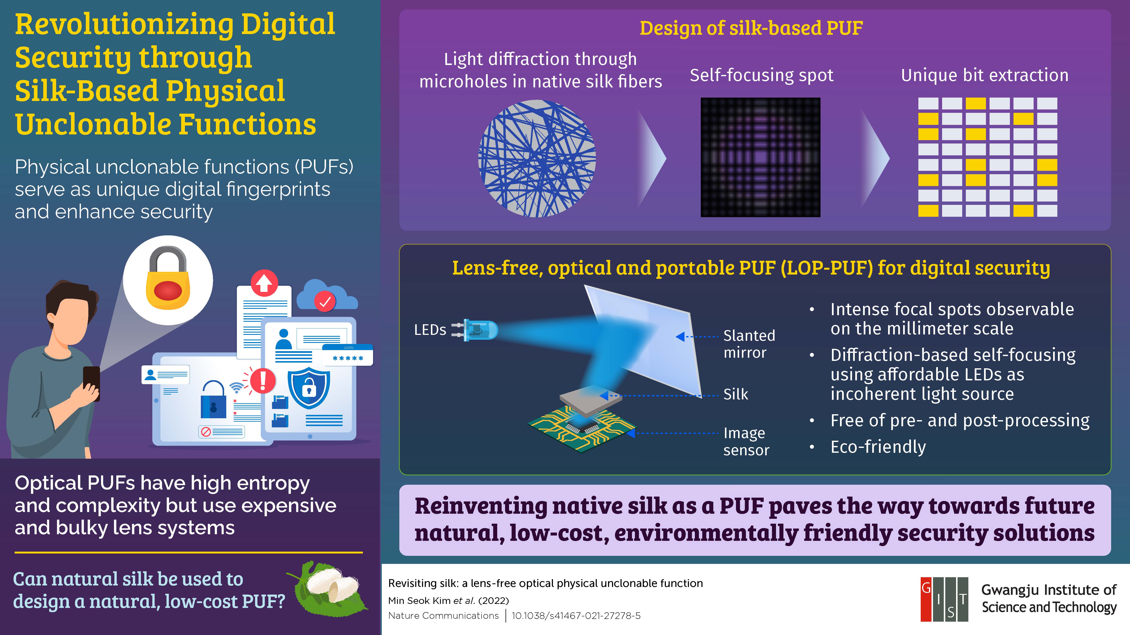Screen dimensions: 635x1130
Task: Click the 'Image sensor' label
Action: click(x=746, y=441)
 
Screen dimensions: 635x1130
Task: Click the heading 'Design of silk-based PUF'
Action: click(x=751, y=28)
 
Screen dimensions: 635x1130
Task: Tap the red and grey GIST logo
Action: click(x=944, y=599)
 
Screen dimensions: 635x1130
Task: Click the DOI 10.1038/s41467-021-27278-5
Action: click(x=576, y=616)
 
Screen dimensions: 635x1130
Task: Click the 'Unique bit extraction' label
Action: click(x=984, y=75)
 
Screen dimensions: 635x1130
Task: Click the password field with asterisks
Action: click(x=348, y=357)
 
